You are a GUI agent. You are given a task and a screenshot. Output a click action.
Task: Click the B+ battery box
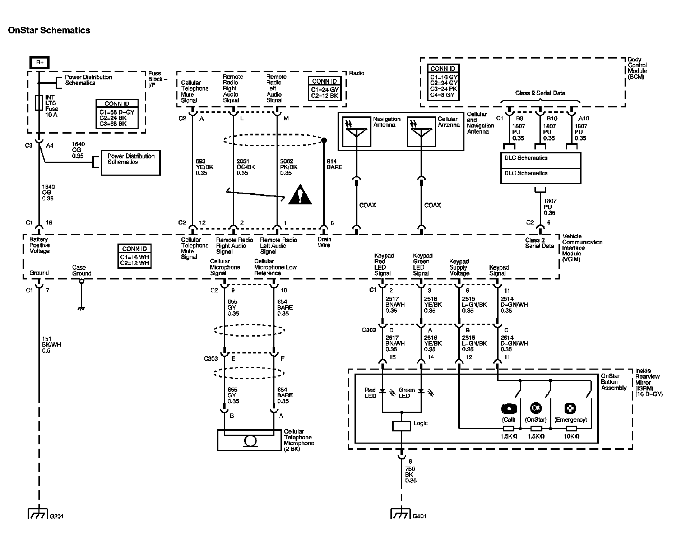click(x=40, y=63)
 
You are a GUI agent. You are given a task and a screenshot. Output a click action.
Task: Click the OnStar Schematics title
click(x=49, y=30)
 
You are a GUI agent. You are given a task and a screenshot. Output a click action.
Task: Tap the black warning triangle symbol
click(x=300, y=195)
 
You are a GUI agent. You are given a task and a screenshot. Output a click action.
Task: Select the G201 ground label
click(x=56, y=517)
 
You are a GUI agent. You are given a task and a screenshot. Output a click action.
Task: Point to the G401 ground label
click(x=420, y=517)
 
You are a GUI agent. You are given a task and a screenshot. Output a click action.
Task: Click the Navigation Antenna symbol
click(x=356, y=132)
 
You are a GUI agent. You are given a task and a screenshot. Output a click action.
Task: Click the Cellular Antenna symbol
click(x=421, y=132)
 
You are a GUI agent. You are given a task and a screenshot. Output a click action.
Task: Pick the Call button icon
click(x=509, y=409)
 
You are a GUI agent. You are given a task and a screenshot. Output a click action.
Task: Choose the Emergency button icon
click(x=570, y=408)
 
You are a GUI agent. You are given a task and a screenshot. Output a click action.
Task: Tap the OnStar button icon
click(x=536, y=408)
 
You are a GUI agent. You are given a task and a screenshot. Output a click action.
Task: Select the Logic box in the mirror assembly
click(x=402, y=426)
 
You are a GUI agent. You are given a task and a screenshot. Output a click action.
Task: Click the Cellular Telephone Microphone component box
click(x=249, y=440)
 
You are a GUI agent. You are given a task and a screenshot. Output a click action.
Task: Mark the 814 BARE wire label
click(x=334, y=164)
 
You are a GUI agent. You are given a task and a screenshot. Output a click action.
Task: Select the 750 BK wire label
click(x=411, y=475)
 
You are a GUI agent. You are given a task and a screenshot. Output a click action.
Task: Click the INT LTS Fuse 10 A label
click(x=52, y=106)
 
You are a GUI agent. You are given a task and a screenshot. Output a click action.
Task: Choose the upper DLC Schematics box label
click(x=526, y=158)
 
